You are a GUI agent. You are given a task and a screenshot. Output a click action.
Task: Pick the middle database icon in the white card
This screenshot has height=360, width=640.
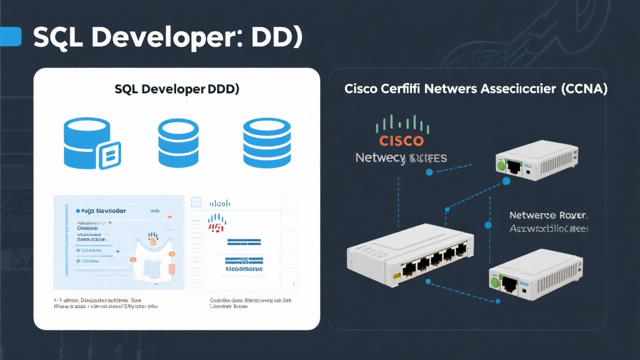point(178,142)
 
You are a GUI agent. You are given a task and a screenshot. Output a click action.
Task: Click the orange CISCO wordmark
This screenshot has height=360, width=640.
point(401,140)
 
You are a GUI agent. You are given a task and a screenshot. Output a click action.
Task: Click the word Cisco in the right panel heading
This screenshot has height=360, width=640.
point(361,89)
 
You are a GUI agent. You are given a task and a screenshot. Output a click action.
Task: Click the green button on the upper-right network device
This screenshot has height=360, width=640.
point(499,165)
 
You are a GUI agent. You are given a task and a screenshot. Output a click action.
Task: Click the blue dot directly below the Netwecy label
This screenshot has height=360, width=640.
point(428,172)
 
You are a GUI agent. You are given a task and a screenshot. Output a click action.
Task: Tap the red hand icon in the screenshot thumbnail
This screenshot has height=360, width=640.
point(216,222)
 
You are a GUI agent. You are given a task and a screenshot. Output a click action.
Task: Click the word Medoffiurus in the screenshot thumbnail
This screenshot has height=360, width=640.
point(244,268)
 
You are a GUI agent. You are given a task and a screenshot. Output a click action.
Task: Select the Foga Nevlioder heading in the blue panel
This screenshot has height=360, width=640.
point(103,211)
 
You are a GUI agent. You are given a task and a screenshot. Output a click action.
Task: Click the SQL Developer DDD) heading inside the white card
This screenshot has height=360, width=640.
point(177,89)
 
